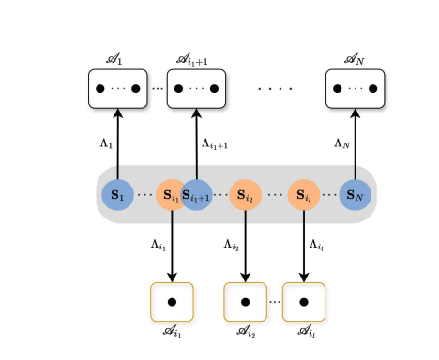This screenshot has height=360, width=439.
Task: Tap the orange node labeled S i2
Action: tap(245, 196)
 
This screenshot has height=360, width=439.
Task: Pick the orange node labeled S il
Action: tap(305, 196)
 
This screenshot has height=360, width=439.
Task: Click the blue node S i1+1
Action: tap(196, 196)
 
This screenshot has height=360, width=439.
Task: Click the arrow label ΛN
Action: tap(342, 143)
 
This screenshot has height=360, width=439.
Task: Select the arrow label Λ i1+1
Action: tap(216, 144)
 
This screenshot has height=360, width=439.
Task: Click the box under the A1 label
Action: tap(117, 89)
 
